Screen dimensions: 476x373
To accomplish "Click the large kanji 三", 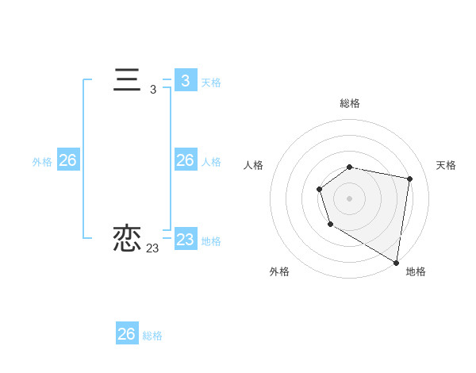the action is (x=127, y=81).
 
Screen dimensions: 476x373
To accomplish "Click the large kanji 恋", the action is (x=127, y=238).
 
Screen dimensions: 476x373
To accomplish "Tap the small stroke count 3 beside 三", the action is (x=153, y=90).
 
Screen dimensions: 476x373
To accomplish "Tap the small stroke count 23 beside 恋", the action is (x=152, y=248).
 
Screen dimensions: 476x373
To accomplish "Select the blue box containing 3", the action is (x=186, y=81).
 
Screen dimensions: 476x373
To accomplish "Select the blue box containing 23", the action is (x=186, y=239).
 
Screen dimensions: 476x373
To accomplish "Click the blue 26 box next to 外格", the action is (x=67, y=160).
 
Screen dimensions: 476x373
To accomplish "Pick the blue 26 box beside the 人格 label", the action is (x=186, y=160).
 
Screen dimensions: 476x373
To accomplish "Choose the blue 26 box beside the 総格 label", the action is (x=127, y=334).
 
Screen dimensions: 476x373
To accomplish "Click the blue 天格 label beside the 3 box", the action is (x=211, y=82).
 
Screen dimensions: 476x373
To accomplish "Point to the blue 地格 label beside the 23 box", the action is (x=211, y=240).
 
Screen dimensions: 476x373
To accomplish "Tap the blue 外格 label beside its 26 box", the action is (x=42, y=161).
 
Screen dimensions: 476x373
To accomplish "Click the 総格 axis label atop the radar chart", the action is (x=350, y=103).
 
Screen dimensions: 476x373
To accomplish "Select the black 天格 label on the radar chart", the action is (x=446, y=165).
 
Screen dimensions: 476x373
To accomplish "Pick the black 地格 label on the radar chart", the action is (x=416, y=271).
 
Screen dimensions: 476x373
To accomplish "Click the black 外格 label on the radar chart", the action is (x=279, y=271).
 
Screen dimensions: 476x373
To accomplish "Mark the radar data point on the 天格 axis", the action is (x=409, y=179).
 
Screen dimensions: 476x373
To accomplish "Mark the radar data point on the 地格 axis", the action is (x=396, y=262).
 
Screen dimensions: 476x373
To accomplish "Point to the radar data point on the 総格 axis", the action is (x=350, y=167).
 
